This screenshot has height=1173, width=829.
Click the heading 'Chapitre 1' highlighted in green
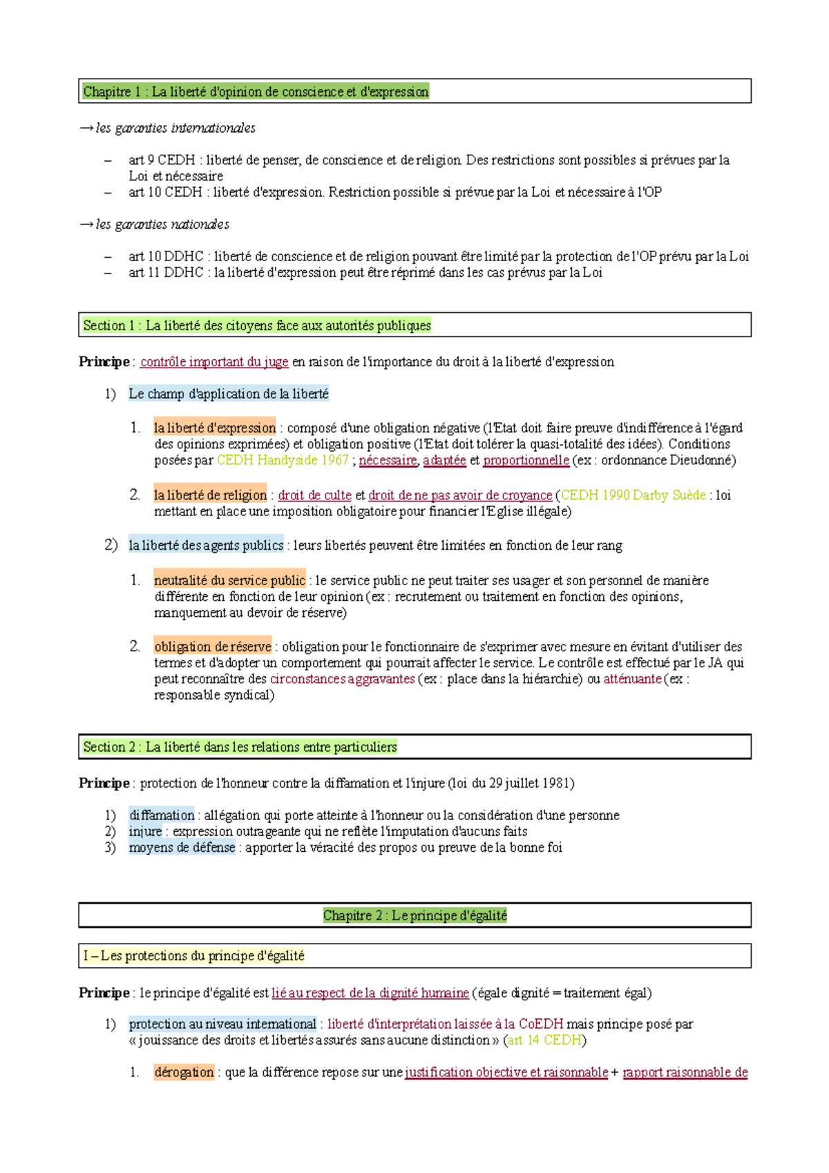click(x=256, y=92)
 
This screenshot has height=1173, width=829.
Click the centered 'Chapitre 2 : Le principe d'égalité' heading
click(x=414, y=915)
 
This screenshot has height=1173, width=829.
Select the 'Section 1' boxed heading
click(x=257, y=325)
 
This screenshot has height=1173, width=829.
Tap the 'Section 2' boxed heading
click(x=240, y=747)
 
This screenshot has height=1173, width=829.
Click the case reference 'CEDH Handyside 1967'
click(x=283, y=460)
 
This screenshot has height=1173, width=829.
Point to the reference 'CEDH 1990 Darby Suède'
click(x=633, y=495)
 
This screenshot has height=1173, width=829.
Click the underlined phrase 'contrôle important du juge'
click(x=214, y=362)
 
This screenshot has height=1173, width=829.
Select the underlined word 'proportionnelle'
click(x=526, y=460)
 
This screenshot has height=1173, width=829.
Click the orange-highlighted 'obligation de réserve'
click(x=213, y=647)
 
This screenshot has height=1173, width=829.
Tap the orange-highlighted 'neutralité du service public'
click(x=229, y=580)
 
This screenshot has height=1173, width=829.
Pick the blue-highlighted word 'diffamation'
click(x=162, y=815)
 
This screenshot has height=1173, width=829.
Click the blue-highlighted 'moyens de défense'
click(x=182, y=847)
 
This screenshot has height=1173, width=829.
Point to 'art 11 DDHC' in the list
click(x=166, y=273)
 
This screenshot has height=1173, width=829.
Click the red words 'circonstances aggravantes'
click(x=342, y=679)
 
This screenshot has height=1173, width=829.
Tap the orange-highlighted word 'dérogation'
click(x=184, y=1072)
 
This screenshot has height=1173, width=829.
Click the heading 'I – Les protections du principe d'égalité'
click(x=194, y=956)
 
